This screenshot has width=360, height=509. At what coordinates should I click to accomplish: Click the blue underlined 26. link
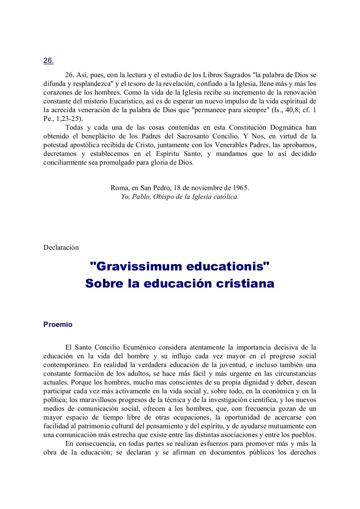point(48,61)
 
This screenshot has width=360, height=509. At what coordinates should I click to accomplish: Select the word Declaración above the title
point(61,247)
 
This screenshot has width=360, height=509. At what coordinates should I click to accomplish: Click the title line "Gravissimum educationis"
point(180,266)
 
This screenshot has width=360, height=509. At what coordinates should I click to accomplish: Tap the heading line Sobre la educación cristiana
point(180,284)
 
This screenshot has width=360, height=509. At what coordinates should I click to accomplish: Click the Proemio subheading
point(58,324)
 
